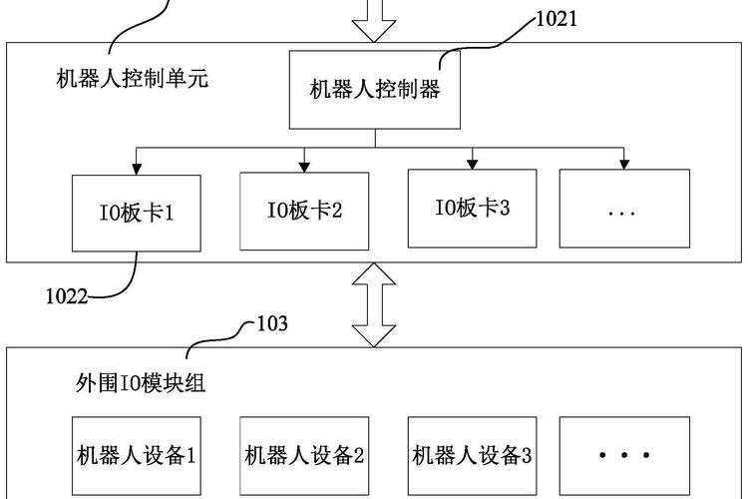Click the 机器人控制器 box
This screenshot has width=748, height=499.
pyautogui.click(x=374, y=90)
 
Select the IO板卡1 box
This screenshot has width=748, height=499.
pyautogui.click(x=137, y=213)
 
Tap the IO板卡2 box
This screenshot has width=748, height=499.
pyautogui.click(x=304, y=210)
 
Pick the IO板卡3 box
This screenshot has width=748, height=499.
pyautogui.click(x=472, y=208)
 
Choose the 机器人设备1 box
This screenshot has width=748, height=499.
pyautogui.click(x=137, y=456)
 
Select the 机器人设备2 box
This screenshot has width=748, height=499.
pyautogui.click(x=304, y=456)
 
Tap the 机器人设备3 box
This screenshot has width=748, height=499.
pyautogui.click(x=472, y=456)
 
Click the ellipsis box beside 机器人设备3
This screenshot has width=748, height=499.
pyautogui.click(x=623, y=456)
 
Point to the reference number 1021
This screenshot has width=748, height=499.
pyautogui.click(x=557, y=17)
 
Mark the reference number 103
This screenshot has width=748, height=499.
pyautogui.click(x=272, y=323)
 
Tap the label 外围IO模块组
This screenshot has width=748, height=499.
pyautogui.click(x=141, y=383)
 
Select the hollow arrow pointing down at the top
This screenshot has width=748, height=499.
pyautogui.click(x=374, y=22)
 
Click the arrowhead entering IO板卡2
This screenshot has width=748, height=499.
pyautogui.click(x=304, y=162)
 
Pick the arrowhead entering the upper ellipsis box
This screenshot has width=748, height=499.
pyautogui.click(x=623, y=162)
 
